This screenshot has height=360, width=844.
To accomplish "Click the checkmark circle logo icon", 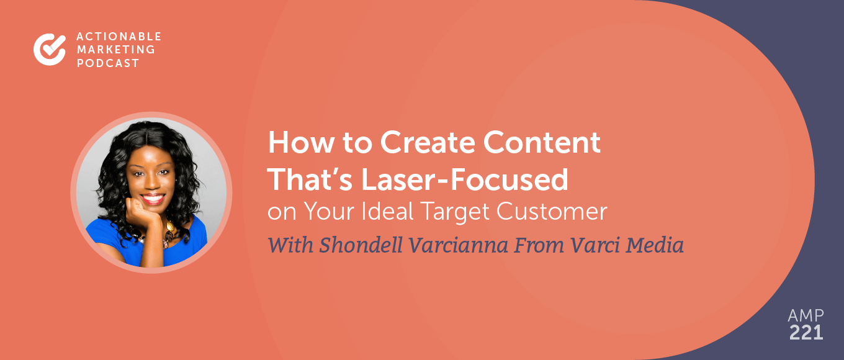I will [49, 50].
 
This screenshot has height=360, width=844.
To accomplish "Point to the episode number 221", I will [805, 333].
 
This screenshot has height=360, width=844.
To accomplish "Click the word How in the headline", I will [292, 144].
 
